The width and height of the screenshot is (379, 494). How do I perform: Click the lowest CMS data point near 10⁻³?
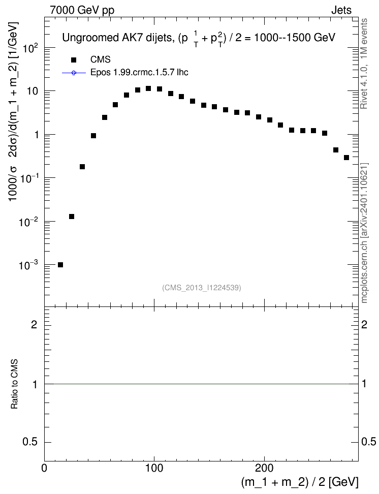[60, 265]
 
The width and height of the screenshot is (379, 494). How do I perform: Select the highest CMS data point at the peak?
[148, 88]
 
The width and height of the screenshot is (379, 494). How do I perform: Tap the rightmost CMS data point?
[346, 158]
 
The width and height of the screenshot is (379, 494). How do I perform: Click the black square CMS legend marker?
[74, 59]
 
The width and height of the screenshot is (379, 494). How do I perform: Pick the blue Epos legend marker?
[74, 73]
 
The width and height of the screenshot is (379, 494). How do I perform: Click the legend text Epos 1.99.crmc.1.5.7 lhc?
[139, 73]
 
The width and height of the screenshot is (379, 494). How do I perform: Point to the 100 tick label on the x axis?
[154, 468]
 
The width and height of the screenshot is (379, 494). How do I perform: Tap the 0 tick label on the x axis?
[44, 468]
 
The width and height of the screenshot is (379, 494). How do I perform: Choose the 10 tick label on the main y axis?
[33, 91]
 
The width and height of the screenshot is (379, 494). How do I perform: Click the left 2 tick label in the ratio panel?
[34, 324]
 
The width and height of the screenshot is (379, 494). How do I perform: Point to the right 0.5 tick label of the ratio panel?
[368, 442]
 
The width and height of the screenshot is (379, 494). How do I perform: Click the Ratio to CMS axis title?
[14, 384]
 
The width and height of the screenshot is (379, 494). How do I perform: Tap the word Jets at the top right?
[341, 10]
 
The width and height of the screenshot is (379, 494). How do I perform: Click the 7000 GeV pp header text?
[82, 10]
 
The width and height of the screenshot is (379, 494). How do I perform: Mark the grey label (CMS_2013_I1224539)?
[202, 288]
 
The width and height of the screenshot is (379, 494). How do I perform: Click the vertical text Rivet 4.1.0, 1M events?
[364, 64]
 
